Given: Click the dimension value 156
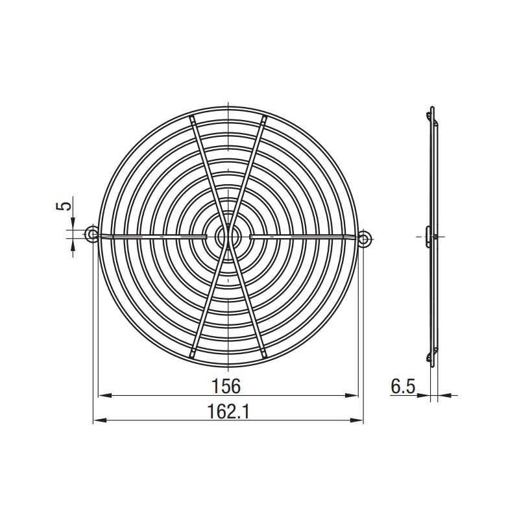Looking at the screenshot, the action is click(x=226, y=386).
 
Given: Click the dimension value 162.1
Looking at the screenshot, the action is click(x=228, y=411).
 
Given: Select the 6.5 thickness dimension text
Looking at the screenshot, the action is click(x=403, y=386).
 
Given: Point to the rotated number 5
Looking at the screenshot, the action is click(x=64, y=206).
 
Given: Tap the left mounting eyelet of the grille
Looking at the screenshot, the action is click(x=91, y=234).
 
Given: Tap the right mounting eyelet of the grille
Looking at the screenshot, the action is click(x=365, y=237).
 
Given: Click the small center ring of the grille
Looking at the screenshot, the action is click(x=228, y=236).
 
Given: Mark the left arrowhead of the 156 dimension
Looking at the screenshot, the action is click(x=105, y=395).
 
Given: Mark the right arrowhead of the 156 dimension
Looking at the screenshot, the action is click(x=352, y=395).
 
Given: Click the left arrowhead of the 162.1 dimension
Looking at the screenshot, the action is click(x=100, y=420).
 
